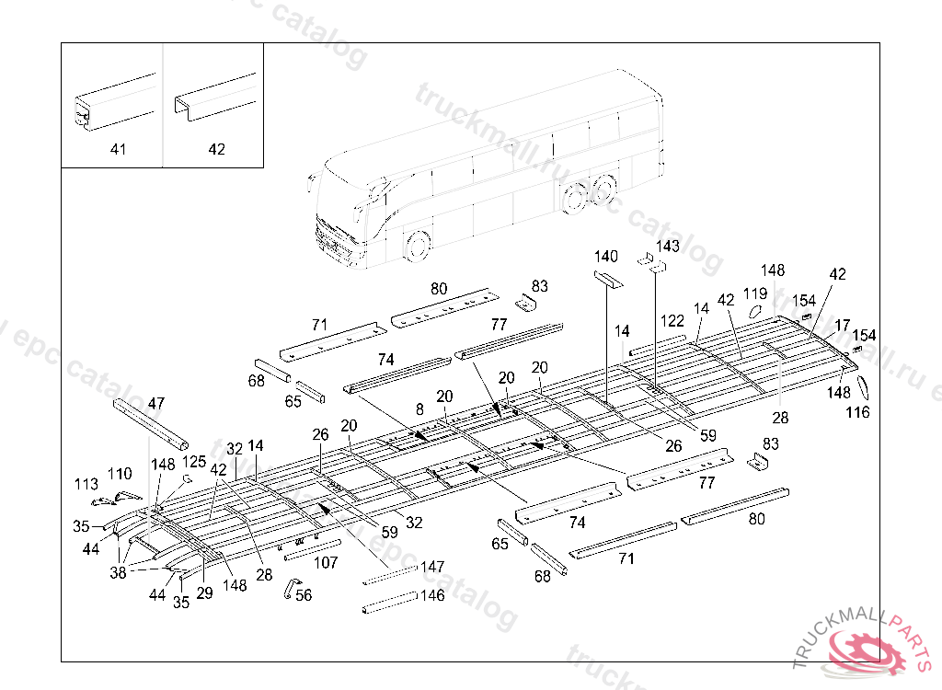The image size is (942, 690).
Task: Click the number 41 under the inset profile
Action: tap(119, 149)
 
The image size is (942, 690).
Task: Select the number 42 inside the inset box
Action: tap(216, 149)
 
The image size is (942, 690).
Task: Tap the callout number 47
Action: tap(156, 403)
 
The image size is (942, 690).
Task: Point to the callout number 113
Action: tap(86, 483)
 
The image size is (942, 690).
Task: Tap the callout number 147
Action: tap(432, 568)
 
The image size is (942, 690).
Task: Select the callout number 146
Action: tap(432, 595)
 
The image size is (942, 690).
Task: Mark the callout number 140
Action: tap(606, 256)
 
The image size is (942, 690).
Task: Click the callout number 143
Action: tap(668, 246)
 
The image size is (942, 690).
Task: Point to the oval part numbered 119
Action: tap(752, 311)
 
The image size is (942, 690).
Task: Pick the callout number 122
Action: tap(672, 320)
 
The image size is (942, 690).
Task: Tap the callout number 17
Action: tap(843, 325)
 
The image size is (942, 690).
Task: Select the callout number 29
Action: tap(204, 593)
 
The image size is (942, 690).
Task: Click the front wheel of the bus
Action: tap(418, 246)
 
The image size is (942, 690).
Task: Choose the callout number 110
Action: tap(120, 474)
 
